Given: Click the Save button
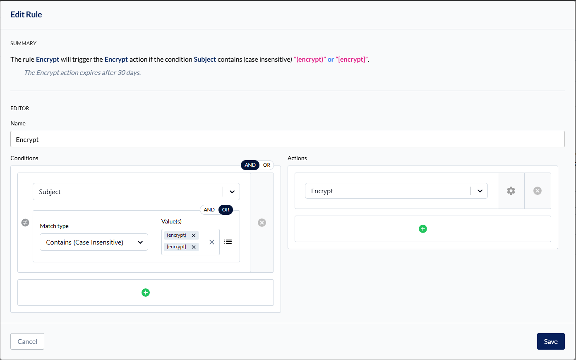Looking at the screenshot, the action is click(550, 341).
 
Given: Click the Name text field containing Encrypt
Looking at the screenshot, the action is click(288, 139).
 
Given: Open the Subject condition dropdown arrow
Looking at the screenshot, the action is click(232, 192).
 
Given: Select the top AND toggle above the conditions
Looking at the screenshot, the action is click(250, 165).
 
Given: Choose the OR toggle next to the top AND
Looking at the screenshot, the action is click(266, 165).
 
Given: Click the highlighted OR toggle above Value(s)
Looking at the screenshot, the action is click(226, 209).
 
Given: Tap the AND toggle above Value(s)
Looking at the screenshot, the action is click(209, 209).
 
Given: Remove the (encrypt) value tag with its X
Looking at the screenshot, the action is click(194, 235).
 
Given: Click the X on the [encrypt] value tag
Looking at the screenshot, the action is click(194, 247).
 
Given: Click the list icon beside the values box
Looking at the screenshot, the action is click(228, 242).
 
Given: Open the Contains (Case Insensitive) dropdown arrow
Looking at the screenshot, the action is click(140, 242).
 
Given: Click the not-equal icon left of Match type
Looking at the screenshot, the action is click(25, 223).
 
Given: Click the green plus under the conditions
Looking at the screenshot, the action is click(146, 293).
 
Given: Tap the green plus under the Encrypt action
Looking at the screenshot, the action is click(423, 228).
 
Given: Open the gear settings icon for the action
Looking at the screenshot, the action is click(511, 190).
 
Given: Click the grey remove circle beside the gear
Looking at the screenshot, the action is click(538, 190).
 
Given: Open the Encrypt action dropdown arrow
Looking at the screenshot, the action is click(480, 191).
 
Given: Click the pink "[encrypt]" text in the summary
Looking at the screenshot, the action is click(352, 60).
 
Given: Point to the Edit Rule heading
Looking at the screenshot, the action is click(26, 14).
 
